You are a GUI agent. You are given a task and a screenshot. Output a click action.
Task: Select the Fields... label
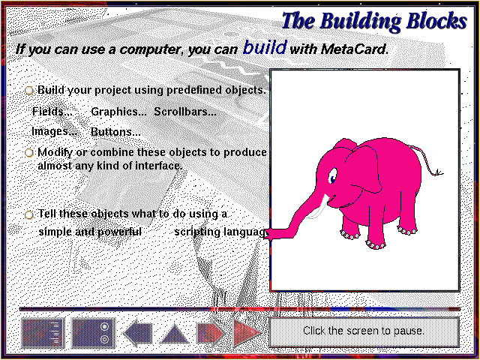(x=52, y=112)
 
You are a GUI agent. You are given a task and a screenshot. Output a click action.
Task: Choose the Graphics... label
(x=118, y=112)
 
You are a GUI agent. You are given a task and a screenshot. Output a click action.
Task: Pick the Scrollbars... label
(x=185, y=112)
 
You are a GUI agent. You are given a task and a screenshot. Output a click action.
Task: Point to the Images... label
(x=55, y=132)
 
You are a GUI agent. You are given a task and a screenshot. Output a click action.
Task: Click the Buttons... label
(x=115, y=132)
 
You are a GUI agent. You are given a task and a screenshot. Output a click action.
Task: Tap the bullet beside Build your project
(x=29, y=91)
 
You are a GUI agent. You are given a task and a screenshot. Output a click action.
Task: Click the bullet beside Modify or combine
(x=29, y=152)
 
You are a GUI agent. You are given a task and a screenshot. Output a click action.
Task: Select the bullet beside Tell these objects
(x=29, y=214)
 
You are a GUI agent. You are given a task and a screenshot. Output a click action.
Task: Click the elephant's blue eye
(x=332, y=178)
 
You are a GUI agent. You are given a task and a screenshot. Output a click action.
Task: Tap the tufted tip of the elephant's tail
(x=438, y=173)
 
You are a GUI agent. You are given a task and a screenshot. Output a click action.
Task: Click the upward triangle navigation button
(x=175, y=334)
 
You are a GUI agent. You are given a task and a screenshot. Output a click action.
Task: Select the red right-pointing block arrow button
(x=211, y=333)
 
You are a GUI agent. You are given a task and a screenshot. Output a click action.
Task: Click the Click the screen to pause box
(x=364, y=331)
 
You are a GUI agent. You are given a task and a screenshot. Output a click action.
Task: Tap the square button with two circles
(x=93, y=333)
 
